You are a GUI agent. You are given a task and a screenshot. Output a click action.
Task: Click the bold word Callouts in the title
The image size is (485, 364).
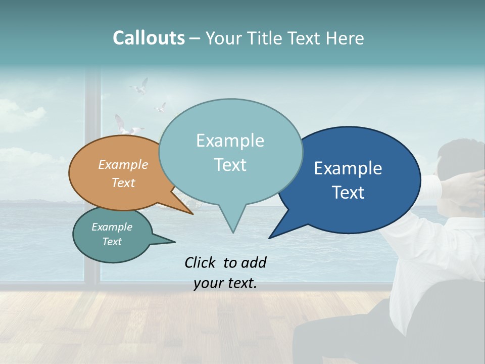pos(149,38)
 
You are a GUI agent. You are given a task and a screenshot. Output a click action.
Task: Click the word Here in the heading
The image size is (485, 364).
pos(345,38)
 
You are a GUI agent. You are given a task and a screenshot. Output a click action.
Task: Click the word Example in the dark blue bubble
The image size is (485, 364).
pos(348,168)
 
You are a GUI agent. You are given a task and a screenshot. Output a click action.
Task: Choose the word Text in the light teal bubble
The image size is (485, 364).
pos(230,165)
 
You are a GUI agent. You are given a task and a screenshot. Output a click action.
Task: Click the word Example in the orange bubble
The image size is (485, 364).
pos(123,164)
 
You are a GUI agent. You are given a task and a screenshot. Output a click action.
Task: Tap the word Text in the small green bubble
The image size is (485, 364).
pos(112,242)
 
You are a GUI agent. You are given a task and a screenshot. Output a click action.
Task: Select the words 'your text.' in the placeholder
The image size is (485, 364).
pos(225,284)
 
